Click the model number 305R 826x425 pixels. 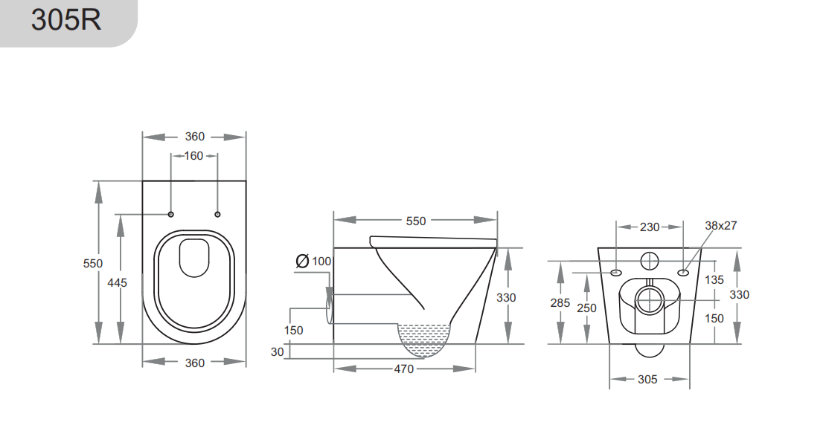pyautogui.click(x=65, y=20)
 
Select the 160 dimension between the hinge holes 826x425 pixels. pyautogui.click(x=193, y=156)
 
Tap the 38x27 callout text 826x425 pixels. pyautogui.click(x=720, y=226)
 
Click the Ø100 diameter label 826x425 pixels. pyautogui.click(x=313, y=261)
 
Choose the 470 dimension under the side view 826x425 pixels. pyautogui.click(x=403, y=369)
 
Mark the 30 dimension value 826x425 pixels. pyautogui.click(x=278, y=352)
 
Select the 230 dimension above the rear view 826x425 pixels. pyautogui.click(x=650, y=227)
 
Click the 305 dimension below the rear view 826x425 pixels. pyautogui.click(x=647, y=379)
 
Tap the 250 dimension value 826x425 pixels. pyautogui.click(x=587, y=308)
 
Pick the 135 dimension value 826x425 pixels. pyautogui.click(x=714, y=280)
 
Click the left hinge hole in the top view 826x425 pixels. pyautogui.click(x=170, y=215)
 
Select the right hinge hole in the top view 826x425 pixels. pyautogui.click(x=217, y=215)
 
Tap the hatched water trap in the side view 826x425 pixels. pyautogui.click(x=425, y=338)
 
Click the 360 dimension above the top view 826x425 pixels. pyautogui.click(x=194, y=137)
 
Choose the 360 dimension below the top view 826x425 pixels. pyautogui.click(x=194, y=363)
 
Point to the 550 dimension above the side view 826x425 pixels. pyautogui.click(x=416, y=221)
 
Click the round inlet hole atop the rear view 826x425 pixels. pyautogui.click(x=650, y=261)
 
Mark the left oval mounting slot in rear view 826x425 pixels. pyautogui.click(x=616, y=273)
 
